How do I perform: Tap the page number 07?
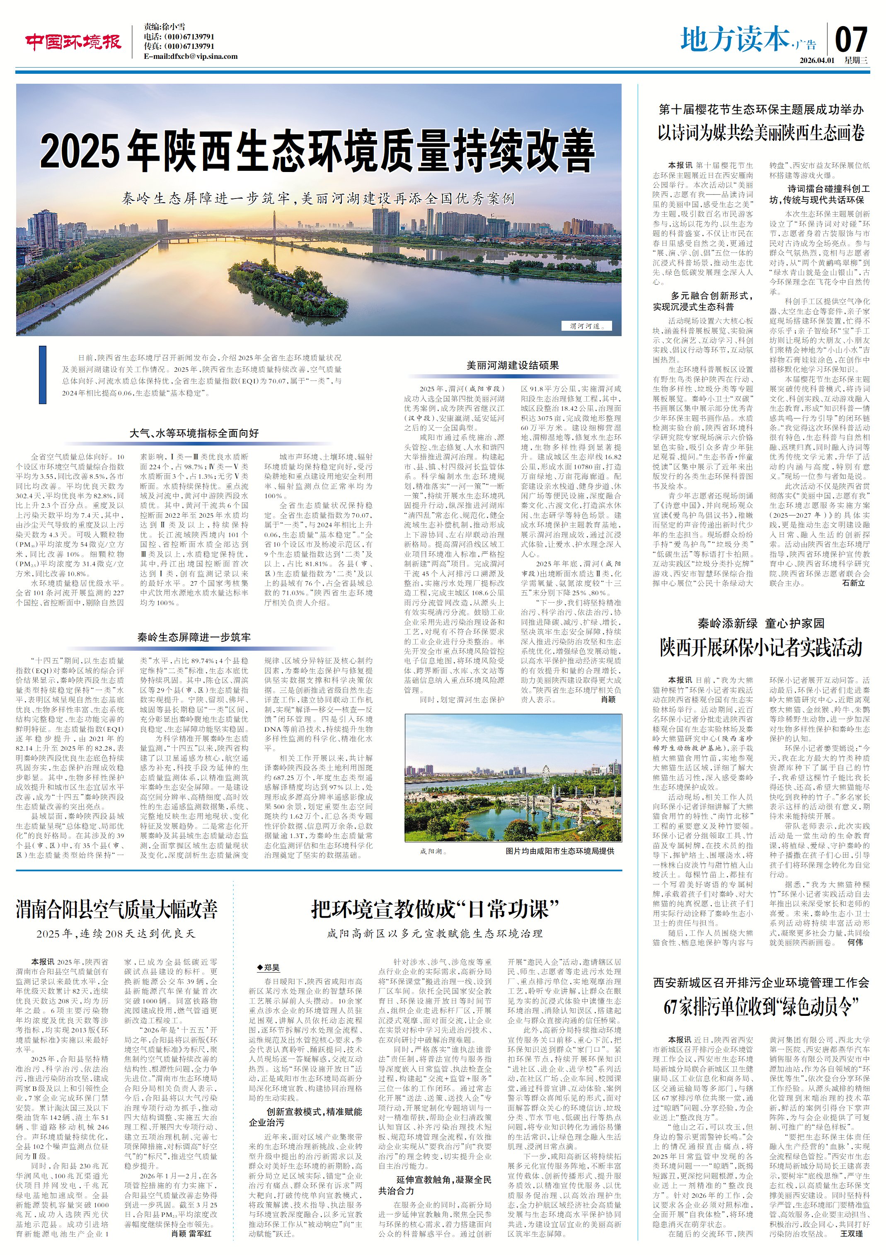pos(851,39)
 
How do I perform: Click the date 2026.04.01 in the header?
pos(816,60)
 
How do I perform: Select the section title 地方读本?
pos(735,39)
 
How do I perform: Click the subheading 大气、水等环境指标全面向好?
pos(194,433)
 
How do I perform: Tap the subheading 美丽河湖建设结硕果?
pos(512,365)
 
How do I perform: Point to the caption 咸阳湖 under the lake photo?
pos(433,851)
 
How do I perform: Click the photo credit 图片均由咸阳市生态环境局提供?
pos(560,851)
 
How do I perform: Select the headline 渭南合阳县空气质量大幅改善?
pos(116,910)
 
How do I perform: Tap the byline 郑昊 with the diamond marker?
pos(269,967)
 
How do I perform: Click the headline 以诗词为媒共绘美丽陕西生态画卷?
pos(761,133)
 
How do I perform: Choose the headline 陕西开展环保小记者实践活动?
pos(761,648)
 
